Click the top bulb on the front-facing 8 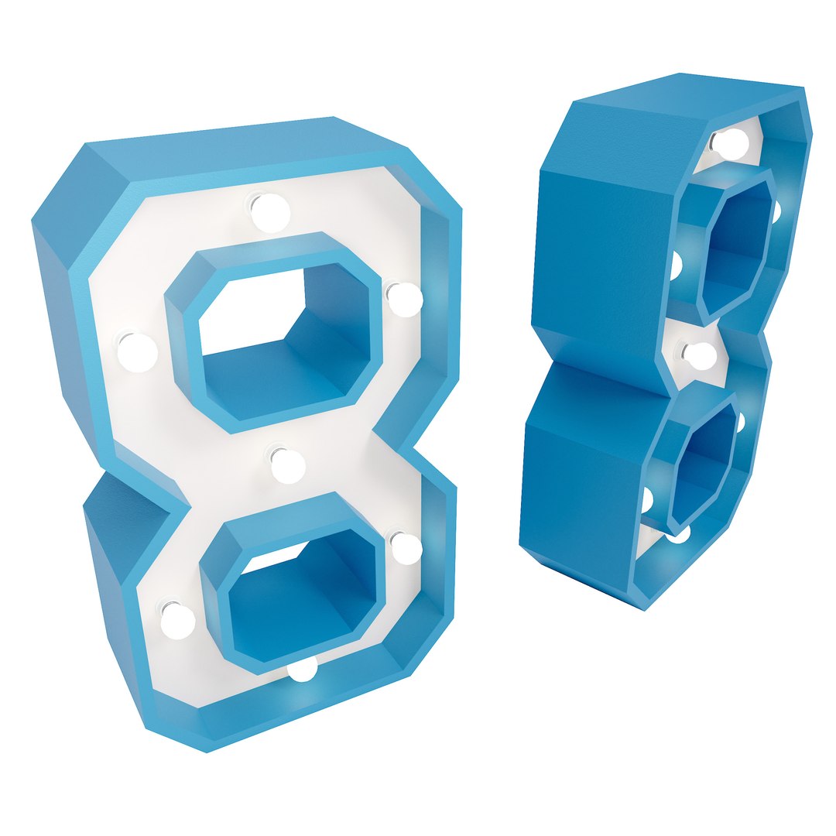pos(270,213)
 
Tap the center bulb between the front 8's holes pos(288,466)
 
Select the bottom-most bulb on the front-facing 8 pos(303,670)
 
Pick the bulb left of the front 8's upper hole pos(138,353)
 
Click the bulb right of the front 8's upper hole pos(405,300)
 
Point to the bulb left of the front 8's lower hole pos(177,620)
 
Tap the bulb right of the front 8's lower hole pos(406,548)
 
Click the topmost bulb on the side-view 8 pos(731,144)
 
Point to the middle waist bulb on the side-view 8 pos(701,356)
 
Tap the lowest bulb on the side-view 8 pos(678,534)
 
